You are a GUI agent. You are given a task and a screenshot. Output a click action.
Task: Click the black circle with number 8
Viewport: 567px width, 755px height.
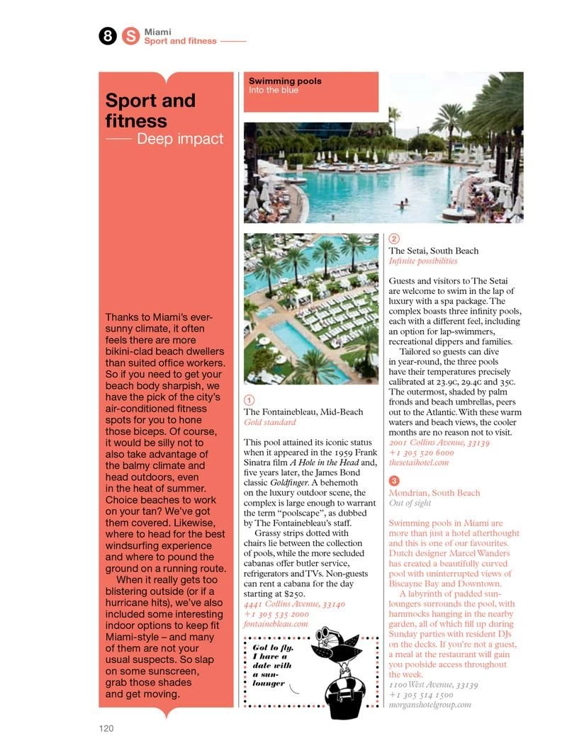(x=108, y=36)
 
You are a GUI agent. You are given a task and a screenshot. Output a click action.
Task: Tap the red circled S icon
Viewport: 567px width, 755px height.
(x=130, y=36)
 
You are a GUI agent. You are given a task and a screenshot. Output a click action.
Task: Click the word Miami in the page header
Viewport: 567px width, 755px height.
(x=157, y=32)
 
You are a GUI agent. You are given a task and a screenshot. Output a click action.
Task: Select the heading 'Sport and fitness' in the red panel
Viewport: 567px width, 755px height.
(x=150, y=110)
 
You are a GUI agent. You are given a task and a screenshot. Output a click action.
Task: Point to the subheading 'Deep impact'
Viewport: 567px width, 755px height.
(x=179, y=139)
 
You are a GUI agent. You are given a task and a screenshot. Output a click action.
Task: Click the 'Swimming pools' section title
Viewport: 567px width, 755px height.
(x=285, y=81)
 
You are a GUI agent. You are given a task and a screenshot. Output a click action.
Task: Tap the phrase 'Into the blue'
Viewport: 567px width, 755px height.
(x=274, y=91)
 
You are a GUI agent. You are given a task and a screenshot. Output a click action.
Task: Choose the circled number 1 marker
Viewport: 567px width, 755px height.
(x=249, y=400)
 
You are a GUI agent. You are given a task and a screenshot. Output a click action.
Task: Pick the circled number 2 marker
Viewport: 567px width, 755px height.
(x=394, y=239)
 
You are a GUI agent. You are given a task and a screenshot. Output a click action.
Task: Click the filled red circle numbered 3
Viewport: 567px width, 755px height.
(x=394, y=482)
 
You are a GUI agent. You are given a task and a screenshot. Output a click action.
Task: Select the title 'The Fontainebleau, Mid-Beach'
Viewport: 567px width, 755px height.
(x=303, y=411)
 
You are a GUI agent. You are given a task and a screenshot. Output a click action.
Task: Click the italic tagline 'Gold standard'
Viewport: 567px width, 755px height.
(x=270, y=422)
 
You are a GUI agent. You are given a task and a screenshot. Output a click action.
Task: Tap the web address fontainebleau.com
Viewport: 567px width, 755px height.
(x=276, y=624)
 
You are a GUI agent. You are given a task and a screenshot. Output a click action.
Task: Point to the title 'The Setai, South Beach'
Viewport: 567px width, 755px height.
(x=434, y=250)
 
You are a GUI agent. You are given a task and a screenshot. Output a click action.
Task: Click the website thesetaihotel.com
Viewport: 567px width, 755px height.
(x=419, y=462)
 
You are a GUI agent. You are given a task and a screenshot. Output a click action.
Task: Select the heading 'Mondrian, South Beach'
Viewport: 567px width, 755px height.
(x=434, y=492)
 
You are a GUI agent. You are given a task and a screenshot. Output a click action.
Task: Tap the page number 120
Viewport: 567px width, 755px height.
(x=106, y=727)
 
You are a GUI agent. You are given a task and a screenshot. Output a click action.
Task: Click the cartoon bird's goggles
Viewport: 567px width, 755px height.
(x=323, y=632)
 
